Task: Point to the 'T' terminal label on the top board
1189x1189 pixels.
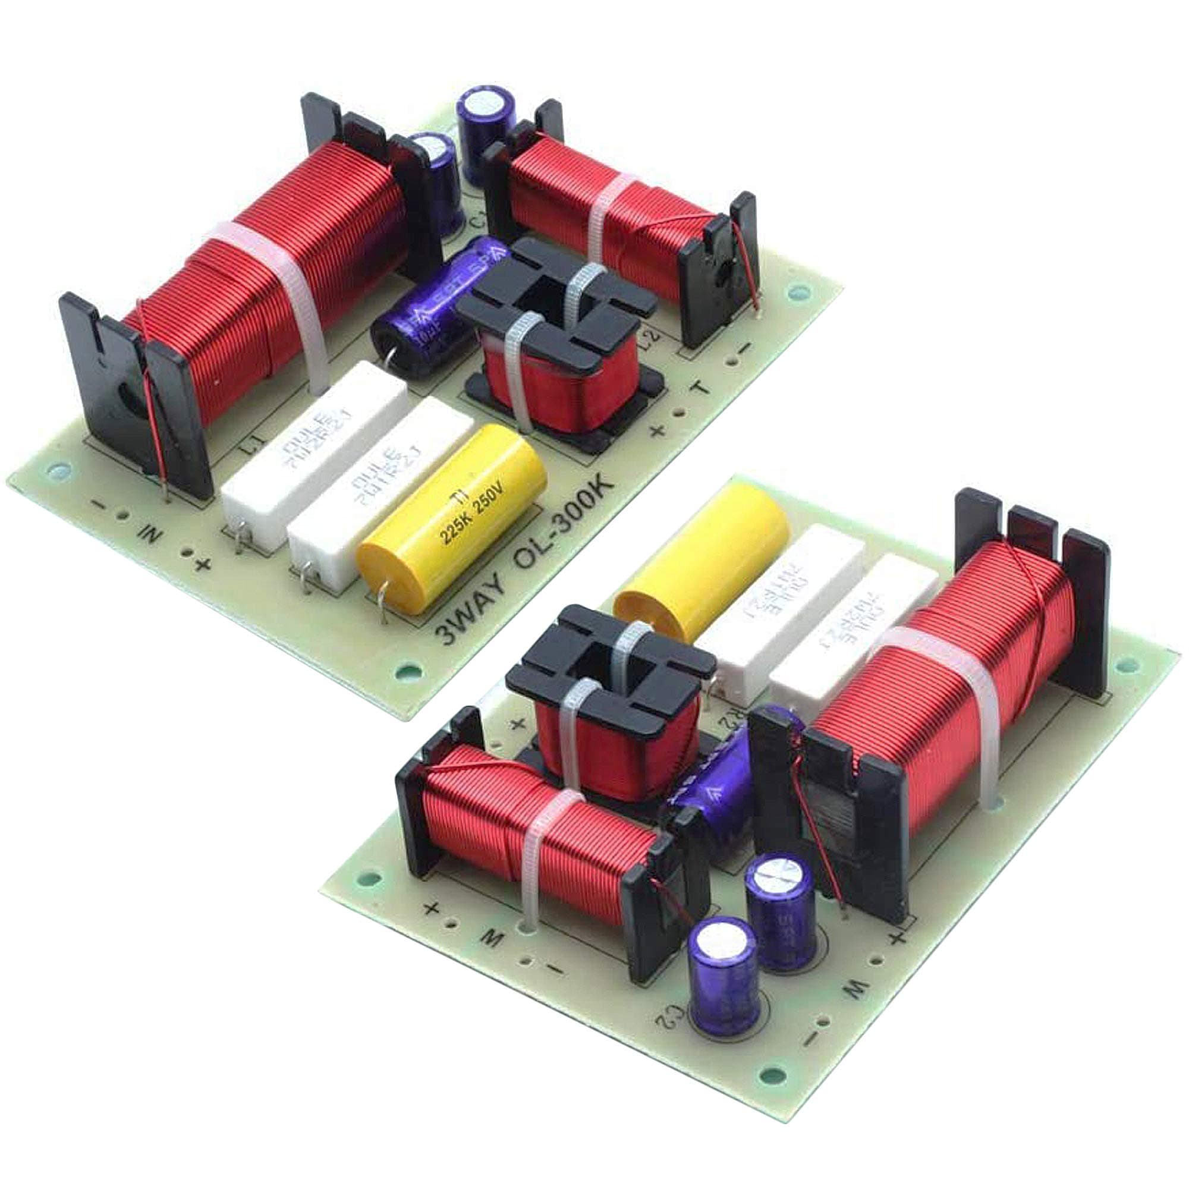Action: pyautogui.click(x=699, y=389)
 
